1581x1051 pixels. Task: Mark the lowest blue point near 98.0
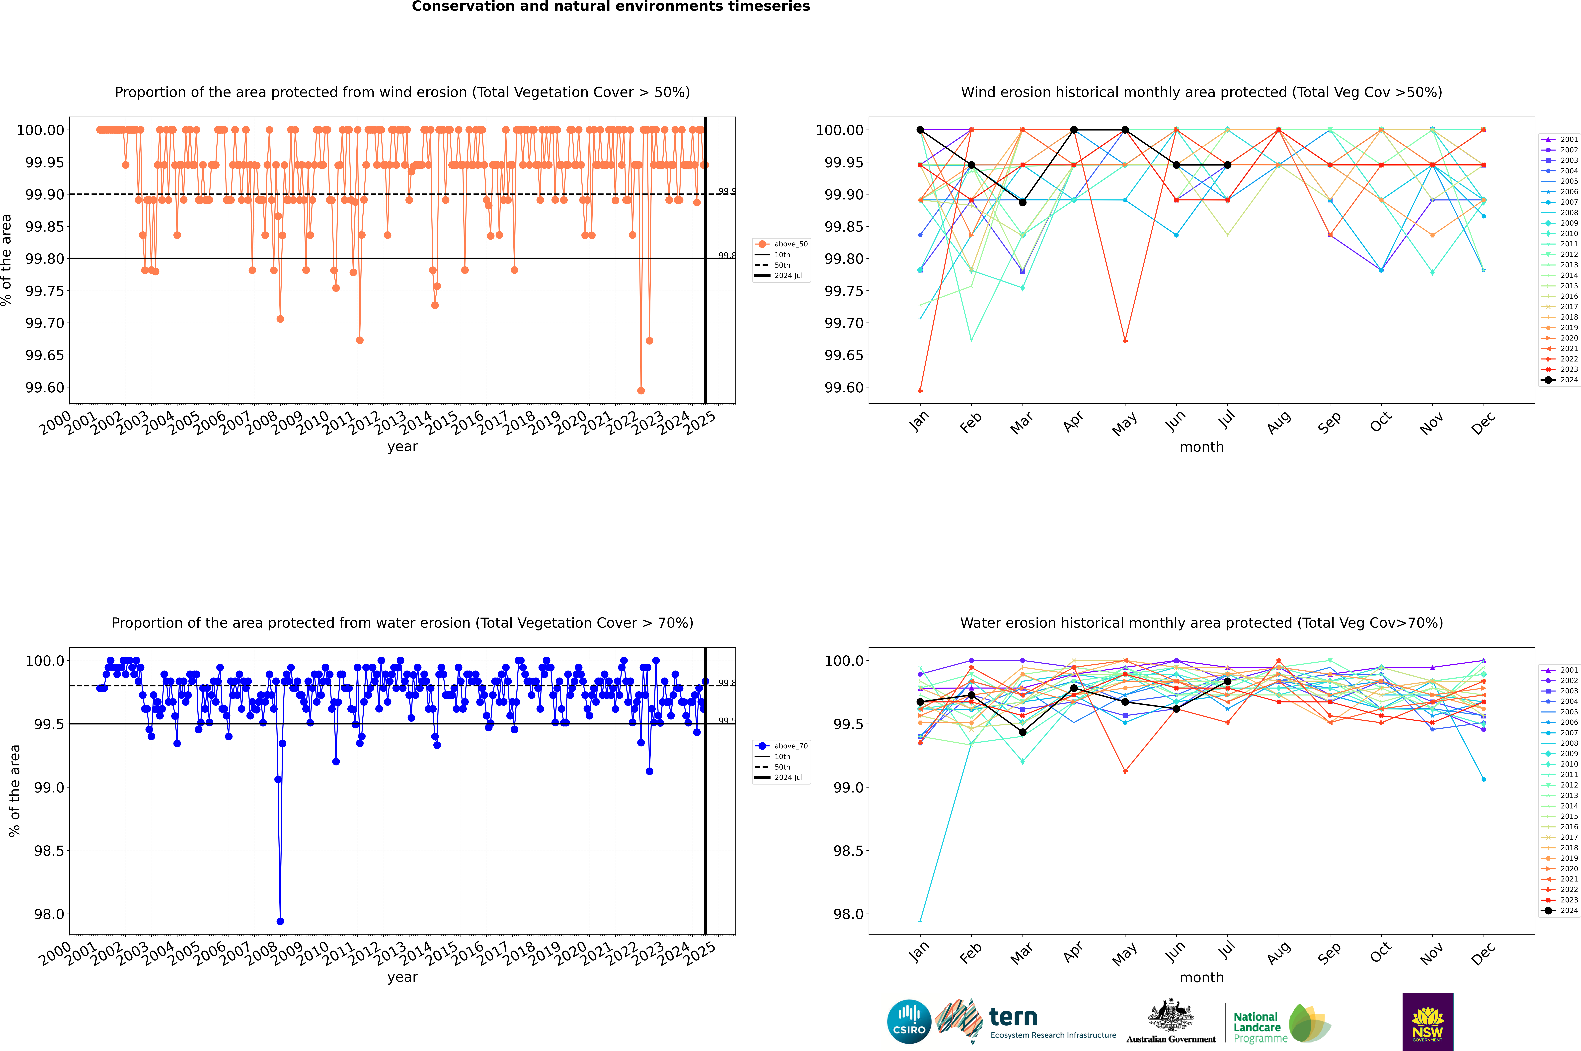coord(280,921)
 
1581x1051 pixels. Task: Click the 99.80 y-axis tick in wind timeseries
coord(45,259)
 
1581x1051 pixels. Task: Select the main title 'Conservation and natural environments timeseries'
coord(611,7)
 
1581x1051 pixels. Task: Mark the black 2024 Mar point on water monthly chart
coord(1023,733)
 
